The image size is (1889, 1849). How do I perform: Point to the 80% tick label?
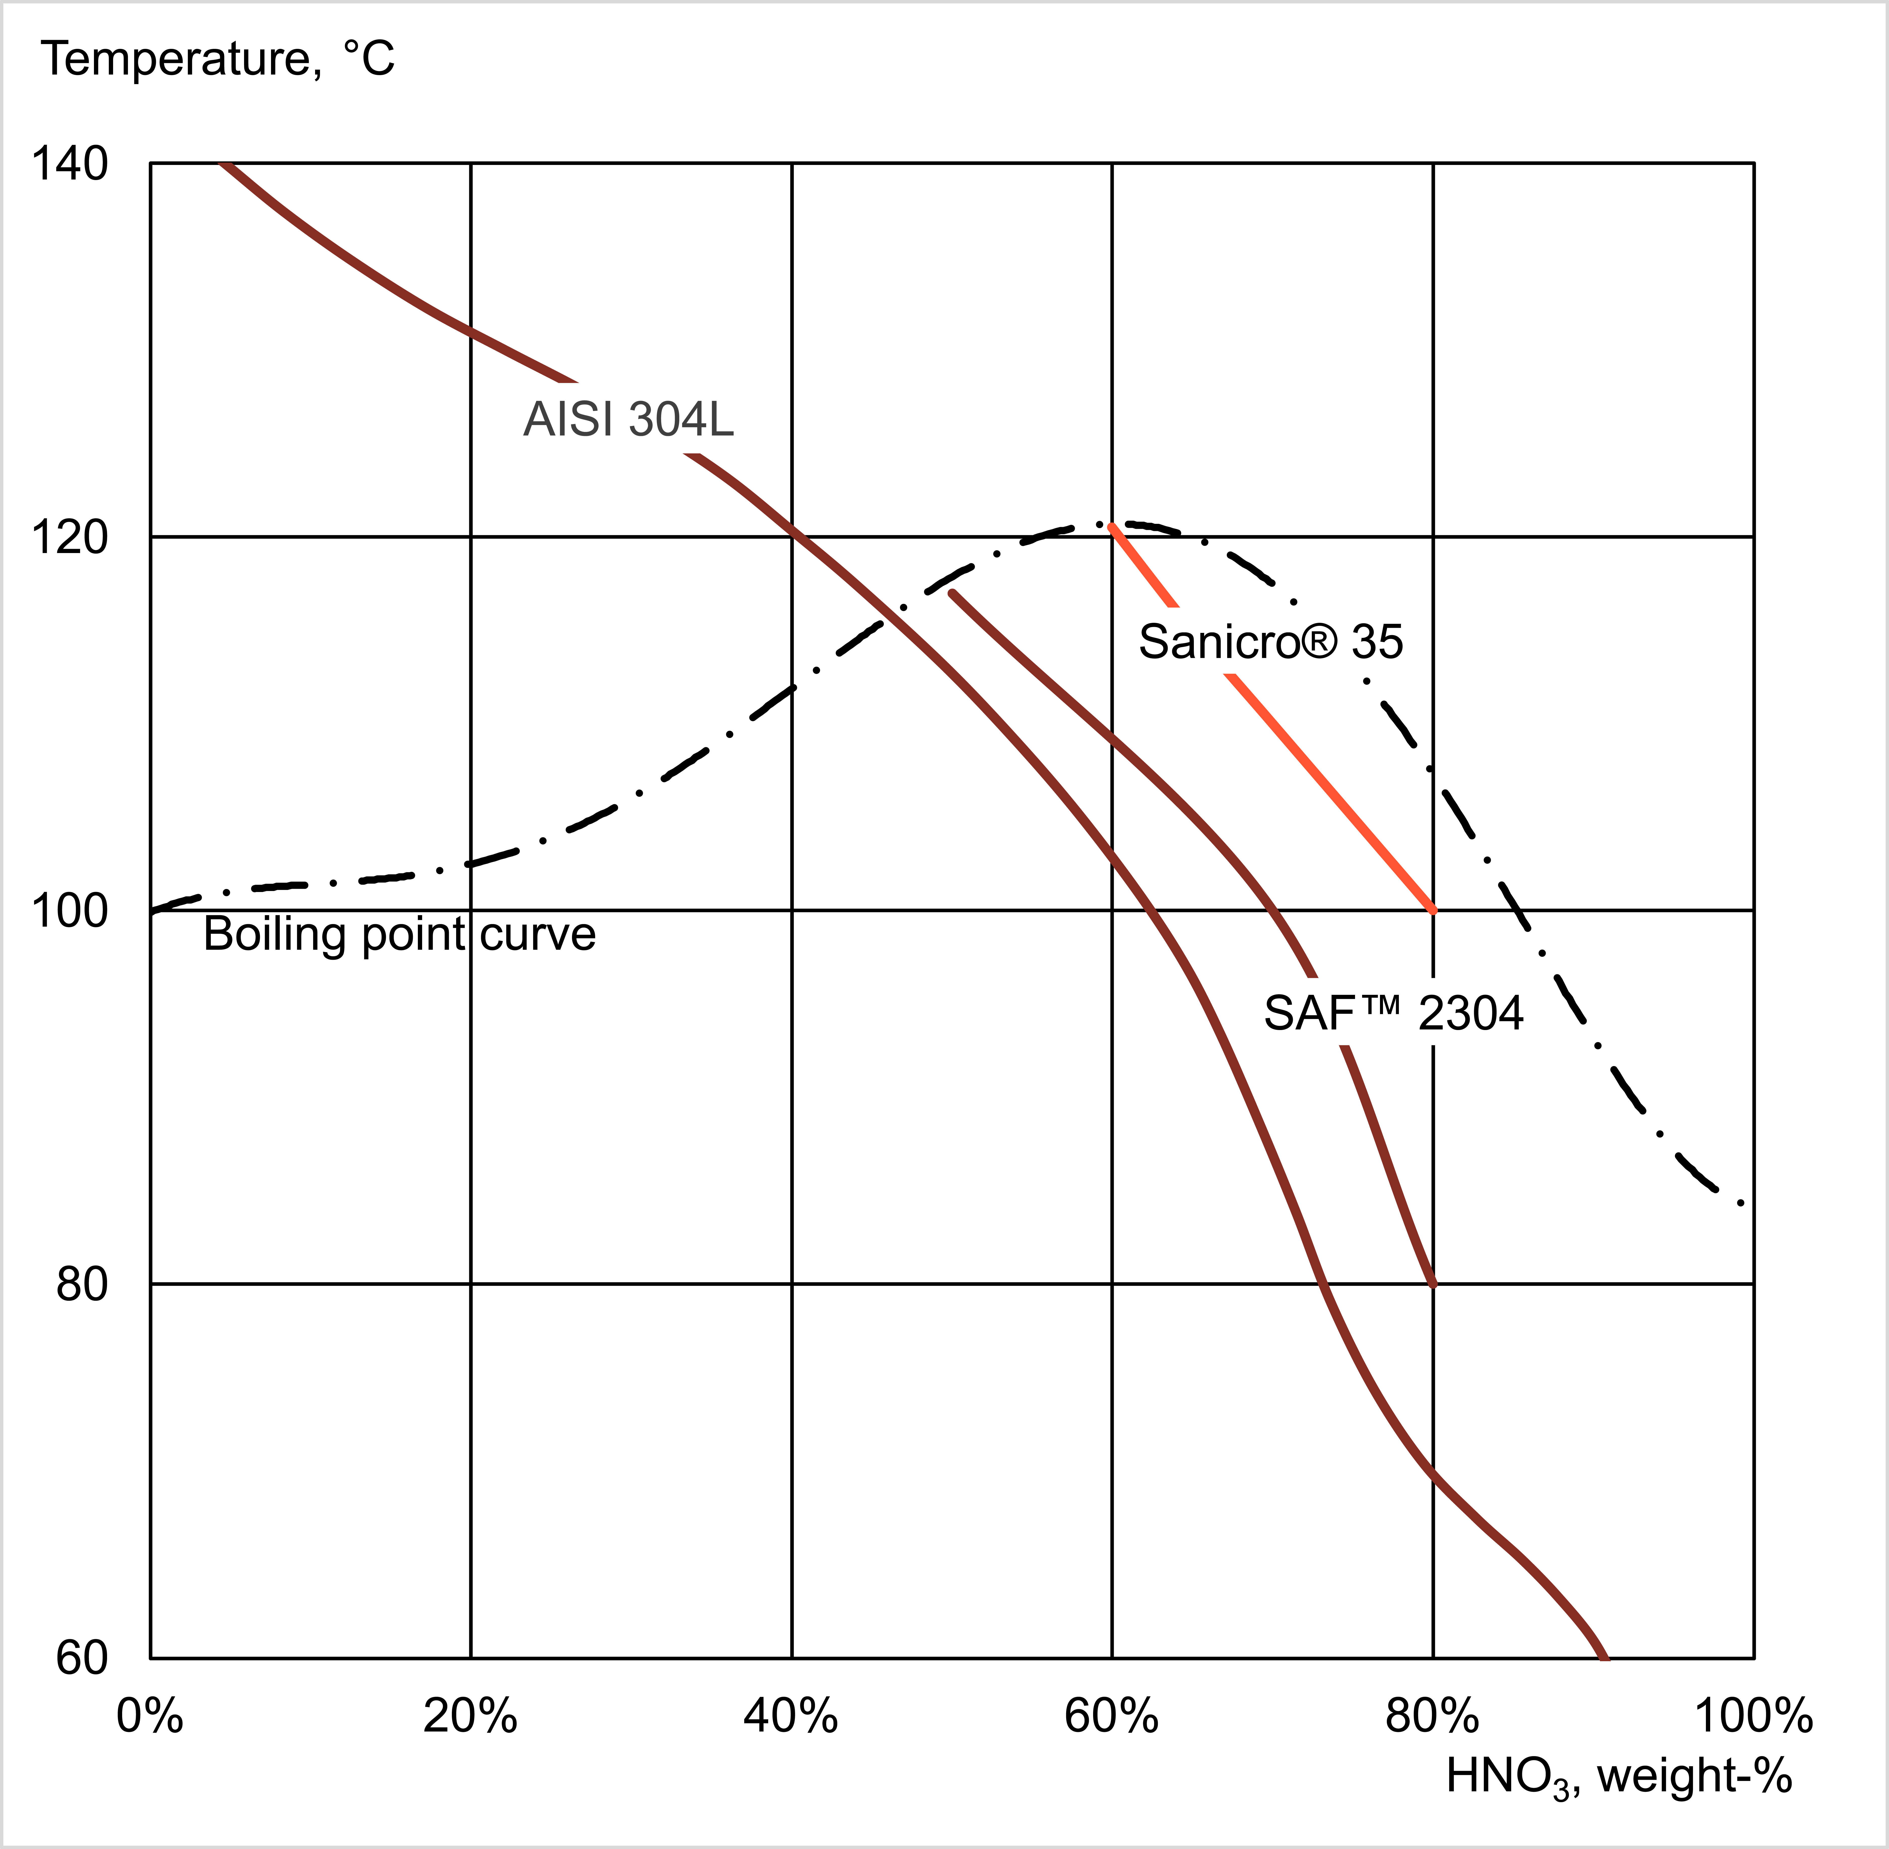1433,1717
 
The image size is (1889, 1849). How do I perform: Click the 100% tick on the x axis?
1753,1717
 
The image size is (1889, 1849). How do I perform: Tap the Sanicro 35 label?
1270,642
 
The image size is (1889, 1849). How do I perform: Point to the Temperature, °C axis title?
219,60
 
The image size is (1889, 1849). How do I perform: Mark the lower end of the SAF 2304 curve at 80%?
1433,1282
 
